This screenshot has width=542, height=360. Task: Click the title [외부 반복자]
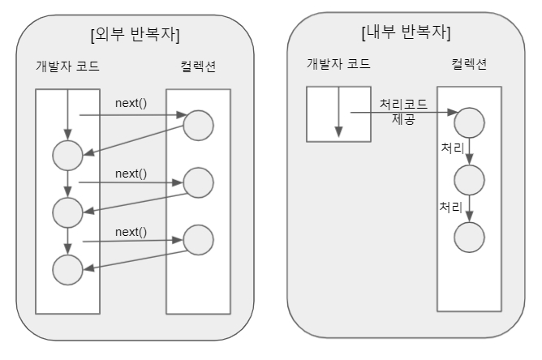click(x=136, y=35)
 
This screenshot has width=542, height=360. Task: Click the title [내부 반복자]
click(x=406, y=32)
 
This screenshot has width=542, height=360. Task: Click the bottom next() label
click(x=131, y=232)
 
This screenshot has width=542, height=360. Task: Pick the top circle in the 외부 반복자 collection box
click(x=198, y=125)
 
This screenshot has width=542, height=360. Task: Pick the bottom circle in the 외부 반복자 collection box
click(x=198, y=239)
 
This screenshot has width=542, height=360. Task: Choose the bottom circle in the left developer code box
click(x=67, y=268)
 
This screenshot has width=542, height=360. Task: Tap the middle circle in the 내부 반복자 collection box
click(x=469, y=178)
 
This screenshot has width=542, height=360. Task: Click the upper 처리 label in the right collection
click(x=452, y=149)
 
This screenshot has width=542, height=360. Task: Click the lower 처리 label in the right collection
click(x=450, y=207)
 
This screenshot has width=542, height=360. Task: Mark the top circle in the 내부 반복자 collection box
click(x=469, y=122)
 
